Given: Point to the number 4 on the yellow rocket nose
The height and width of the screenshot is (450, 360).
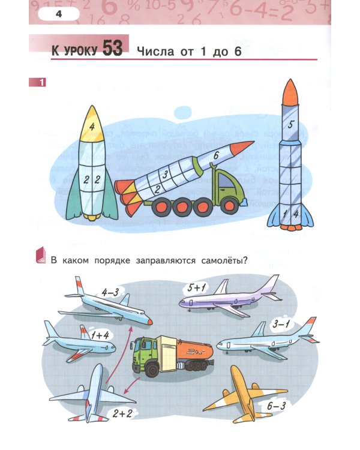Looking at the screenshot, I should pyautogui.click(x=92, y=127).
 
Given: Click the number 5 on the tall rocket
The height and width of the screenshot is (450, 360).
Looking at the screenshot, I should pyautogui.click(x=290, y=125).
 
